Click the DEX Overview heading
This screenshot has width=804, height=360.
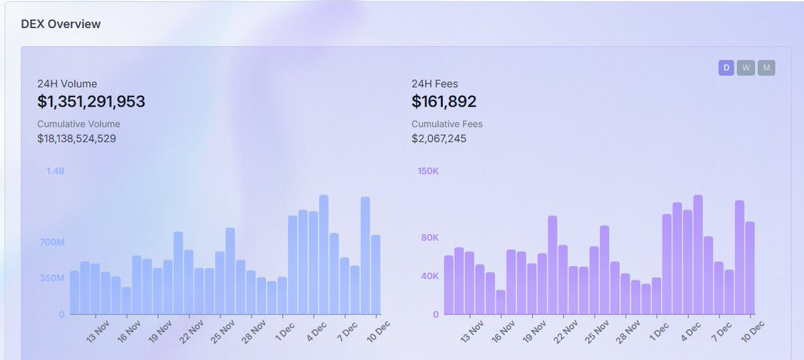point(61,24)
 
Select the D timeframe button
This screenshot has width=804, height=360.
point(726,68)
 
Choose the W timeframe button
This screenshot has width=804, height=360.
point(746,68)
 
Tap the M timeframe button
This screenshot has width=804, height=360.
point(766,68)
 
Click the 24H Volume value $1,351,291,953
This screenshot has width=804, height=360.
point(91,102)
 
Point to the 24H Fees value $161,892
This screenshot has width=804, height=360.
point(444,102)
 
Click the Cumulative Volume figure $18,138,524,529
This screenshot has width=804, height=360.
point(76,139)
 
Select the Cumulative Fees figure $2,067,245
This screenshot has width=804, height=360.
point(439,139)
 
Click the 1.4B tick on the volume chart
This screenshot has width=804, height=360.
point(55,172)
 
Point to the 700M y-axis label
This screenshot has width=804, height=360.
point(52,241)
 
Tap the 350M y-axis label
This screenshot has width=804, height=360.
point(52,276)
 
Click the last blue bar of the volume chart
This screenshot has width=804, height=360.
point(376,275)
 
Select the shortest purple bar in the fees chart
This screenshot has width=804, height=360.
point(500,302)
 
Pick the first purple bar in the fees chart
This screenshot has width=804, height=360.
point(448,285)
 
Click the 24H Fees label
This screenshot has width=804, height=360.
point(434,84)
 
